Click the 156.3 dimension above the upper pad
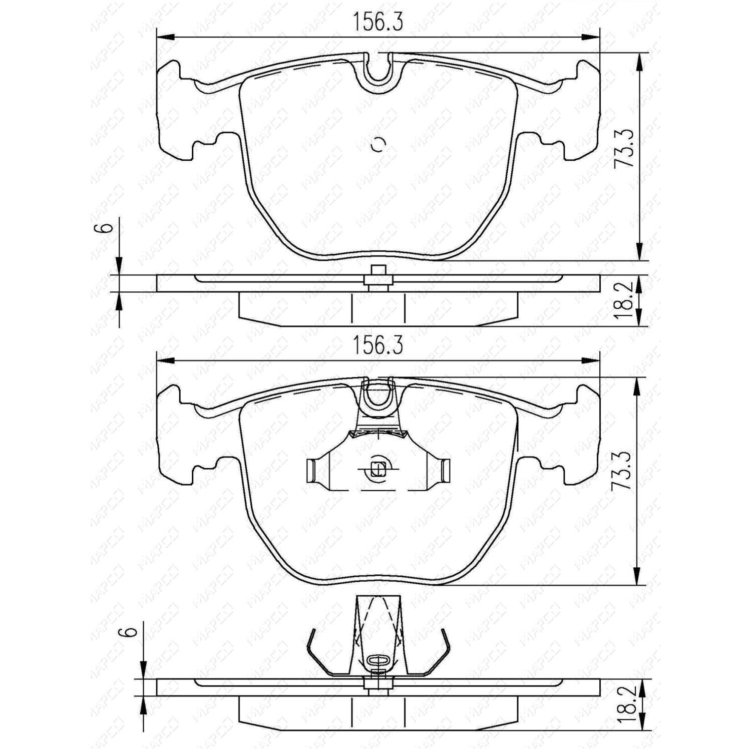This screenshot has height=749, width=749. pyautogui.click(x=378, y=22)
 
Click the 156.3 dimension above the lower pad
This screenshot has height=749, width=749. pyautogui.click(x=378, y=346)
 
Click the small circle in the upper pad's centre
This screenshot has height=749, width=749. pyautogui.click(x=378, y=145)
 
